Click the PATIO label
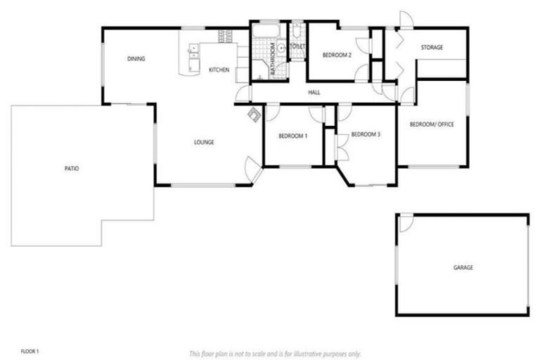pos(71,169)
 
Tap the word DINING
pos(136,59)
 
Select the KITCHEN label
pos(219,70)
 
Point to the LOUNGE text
pos(204,143)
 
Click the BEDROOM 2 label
pos(337,55)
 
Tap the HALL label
pos(314,92)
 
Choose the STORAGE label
pos(432,48)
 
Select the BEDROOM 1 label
pos(292,136)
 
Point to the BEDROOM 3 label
pos(366,134)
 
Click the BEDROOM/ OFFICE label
pos(432,124)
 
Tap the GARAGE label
pos(463,268)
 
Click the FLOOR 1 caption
pos(30,350)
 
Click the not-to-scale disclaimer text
pos(275,353)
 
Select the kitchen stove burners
pos(226,36)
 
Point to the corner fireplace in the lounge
pos(253,117)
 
